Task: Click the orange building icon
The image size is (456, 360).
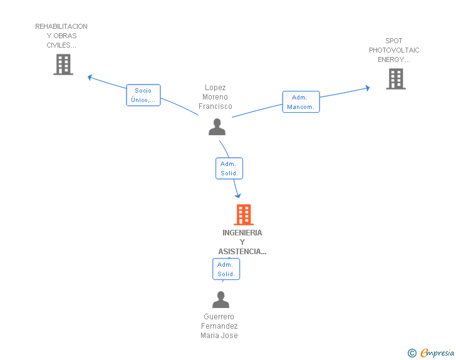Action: coord(244,215)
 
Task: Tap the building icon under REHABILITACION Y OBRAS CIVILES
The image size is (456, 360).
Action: coord(63,64)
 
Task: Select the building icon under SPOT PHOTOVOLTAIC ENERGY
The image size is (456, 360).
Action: coord(396,79)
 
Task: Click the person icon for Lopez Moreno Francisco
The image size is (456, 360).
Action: coord(217,127)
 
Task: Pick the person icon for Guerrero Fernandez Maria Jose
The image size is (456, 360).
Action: coord(220,299)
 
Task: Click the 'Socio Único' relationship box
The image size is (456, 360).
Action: coord(143,95)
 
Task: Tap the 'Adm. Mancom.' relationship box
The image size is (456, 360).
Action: coord(301,102)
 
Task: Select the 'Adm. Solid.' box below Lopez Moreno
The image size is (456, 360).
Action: coord(229,168)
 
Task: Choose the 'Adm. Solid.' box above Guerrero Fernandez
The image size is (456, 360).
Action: coord(226,269)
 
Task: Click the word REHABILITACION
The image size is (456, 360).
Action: coord(61,26)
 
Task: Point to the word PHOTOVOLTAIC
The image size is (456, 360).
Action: coord(394,50)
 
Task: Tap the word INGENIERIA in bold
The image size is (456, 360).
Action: coord(242,233)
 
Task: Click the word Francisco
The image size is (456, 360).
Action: coord(215,106)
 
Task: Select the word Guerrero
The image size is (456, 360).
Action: coord(219,316)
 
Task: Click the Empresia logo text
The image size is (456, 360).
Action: coord(437,352)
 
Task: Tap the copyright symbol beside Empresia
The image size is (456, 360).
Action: coord(412,353)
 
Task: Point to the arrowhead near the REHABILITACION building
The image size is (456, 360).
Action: coord(90,78)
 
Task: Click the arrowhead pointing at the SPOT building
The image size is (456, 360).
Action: coord(367,88)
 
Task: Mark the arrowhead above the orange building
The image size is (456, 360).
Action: coord(238,196)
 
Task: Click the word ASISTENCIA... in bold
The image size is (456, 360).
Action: coord(242,252)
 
